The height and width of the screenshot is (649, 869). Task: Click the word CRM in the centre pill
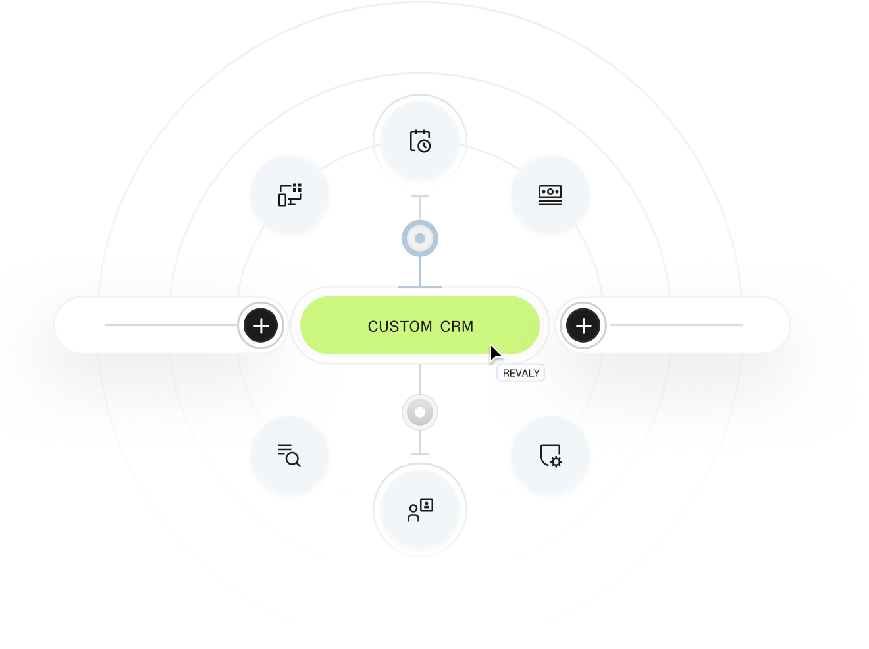[457, 327]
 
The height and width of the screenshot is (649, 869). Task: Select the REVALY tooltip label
[521, 374]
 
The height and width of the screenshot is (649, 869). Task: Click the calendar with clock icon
[420, 141]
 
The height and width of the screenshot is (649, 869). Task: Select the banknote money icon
[550, 195]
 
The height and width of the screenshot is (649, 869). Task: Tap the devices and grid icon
[290, 195]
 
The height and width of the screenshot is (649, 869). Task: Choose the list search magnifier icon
[290, 455]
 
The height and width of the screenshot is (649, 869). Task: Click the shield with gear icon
[550, 455]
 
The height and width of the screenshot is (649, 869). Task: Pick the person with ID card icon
[420, 511]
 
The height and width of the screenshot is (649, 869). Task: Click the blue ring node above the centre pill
[420, 238]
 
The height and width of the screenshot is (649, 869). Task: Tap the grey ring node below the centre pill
[420, 413]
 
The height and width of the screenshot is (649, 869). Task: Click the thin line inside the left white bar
[171, 325]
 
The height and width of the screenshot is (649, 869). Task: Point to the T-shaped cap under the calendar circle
[420, 196]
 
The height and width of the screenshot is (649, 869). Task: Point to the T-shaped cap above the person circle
[420, 454]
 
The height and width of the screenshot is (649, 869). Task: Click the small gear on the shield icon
[556, 461]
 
